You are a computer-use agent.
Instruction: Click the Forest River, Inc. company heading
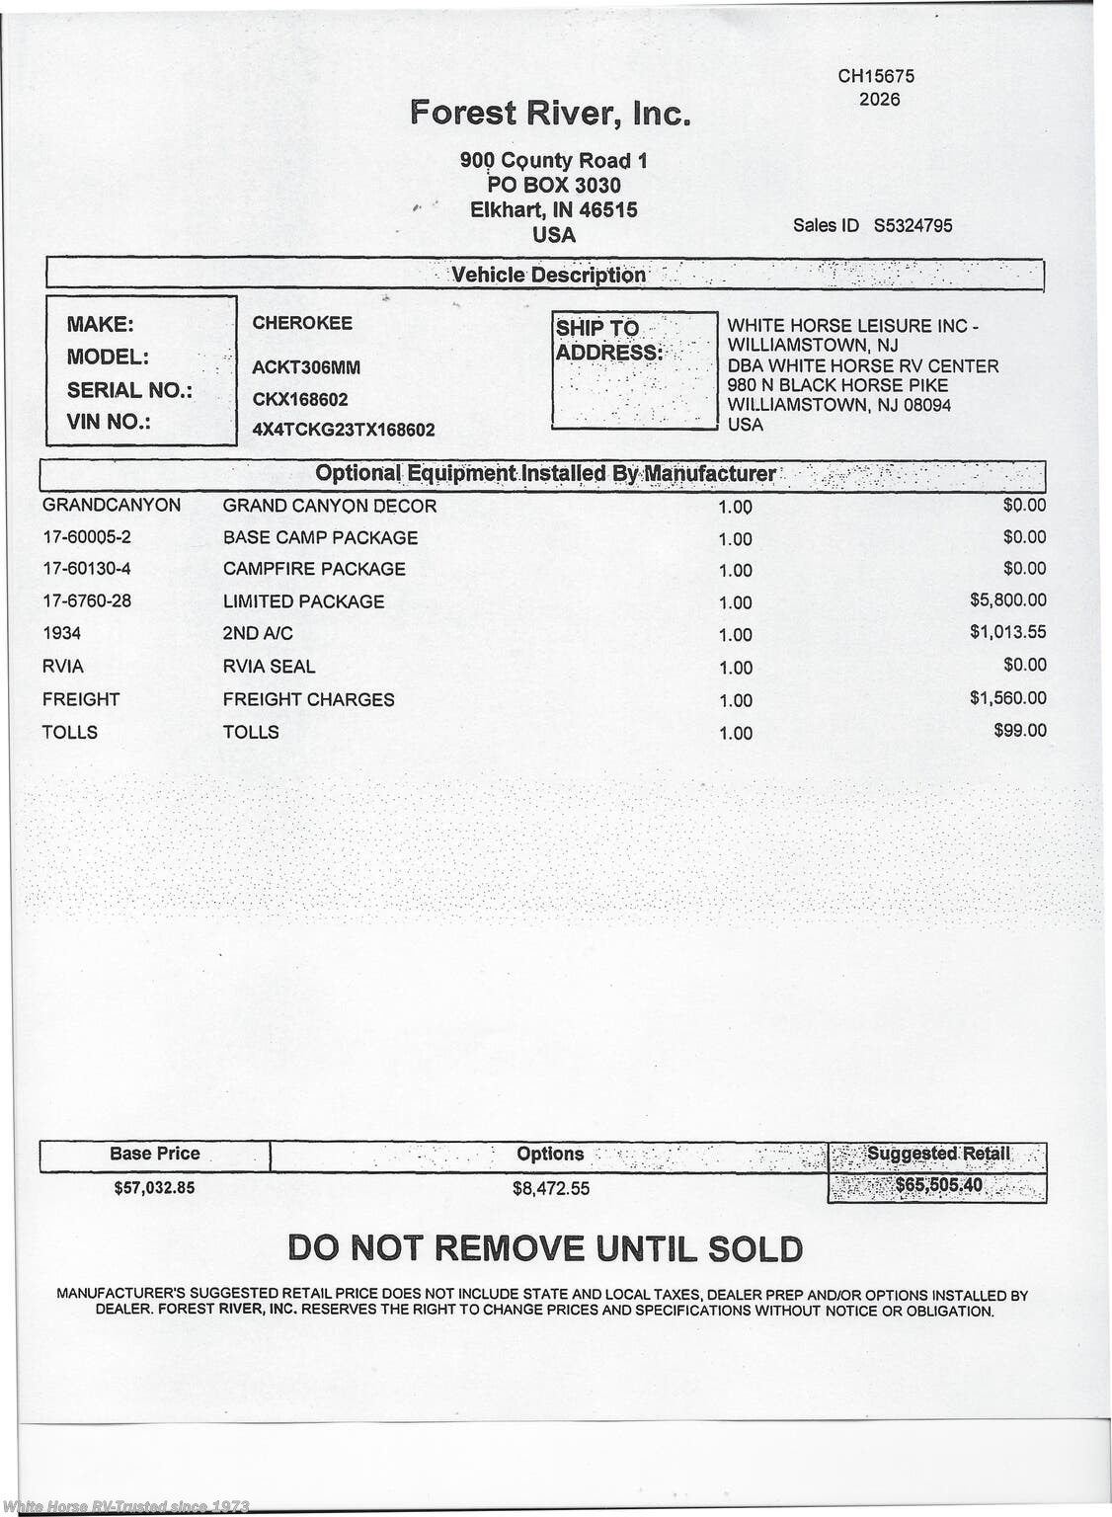pos(550,113)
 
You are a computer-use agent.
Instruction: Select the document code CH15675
pos(876,76)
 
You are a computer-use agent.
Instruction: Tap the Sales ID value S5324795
pos(913,225)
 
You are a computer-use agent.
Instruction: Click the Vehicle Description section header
pos(548,275)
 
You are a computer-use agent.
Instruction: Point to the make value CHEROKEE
pos(302,323)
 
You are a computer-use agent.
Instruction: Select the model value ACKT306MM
pos(306,367)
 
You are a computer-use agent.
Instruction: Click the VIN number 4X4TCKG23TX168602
pos(344,431)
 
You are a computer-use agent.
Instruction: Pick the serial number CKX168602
pos(300,399)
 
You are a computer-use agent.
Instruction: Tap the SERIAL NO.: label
pos(129,390)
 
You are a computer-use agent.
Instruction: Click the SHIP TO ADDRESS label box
pos(634,370)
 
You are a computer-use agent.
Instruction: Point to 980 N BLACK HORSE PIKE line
pos(837,385)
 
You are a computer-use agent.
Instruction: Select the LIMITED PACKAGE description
pos(303,601)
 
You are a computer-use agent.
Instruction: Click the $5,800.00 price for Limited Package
pos(1007,599)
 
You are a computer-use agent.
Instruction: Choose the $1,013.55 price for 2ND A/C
pos(1007,632)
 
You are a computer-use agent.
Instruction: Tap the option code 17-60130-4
pos(86,569)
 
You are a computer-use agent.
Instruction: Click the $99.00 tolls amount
pos(1020,731)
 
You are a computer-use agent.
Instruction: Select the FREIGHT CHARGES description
pos(308,699)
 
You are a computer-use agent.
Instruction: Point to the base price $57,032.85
pos(154,1187)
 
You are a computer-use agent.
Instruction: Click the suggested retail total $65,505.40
pos(937,1185)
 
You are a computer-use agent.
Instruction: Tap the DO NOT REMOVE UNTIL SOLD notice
pos(545,1248)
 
